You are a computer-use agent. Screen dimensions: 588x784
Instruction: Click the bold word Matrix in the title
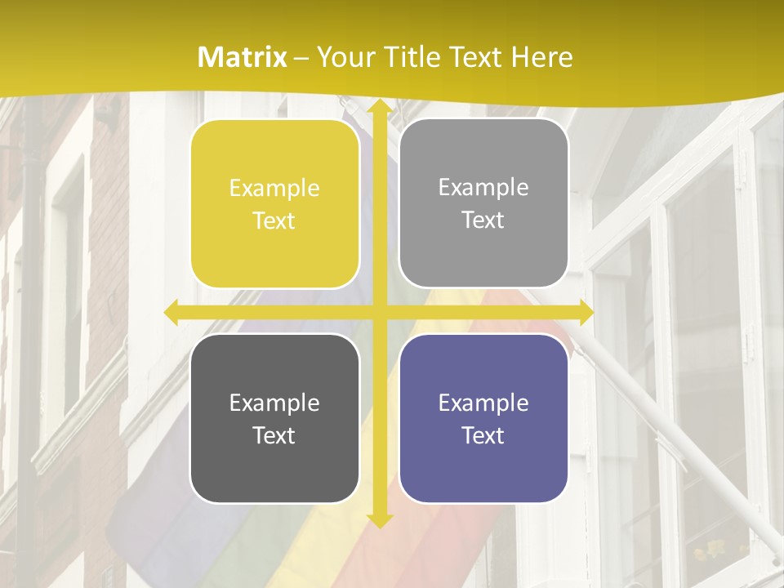coord(243,57)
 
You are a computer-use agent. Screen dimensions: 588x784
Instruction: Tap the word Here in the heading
coord(541,57)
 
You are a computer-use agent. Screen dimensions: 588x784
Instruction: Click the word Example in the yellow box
coord(274,189)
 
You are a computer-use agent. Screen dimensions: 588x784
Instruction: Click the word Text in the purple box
coord(483,435)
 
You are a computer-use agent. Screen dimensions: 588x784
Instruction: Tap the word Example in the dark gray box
coord(274,403)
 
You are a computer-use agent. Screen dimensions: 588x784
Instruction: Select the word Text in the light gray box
coord(483,220)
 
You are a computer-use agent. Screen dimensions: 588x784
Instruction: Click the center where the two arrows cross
coord(379,313)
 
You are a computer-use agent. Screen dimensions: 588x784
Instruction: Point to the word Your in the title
coord(343,57)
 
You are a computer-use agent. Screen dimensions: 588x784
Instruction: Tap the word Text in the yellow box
coord(274,221)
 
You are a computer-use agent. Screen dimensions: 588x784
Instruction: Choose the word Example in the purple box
coord(483,403)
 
